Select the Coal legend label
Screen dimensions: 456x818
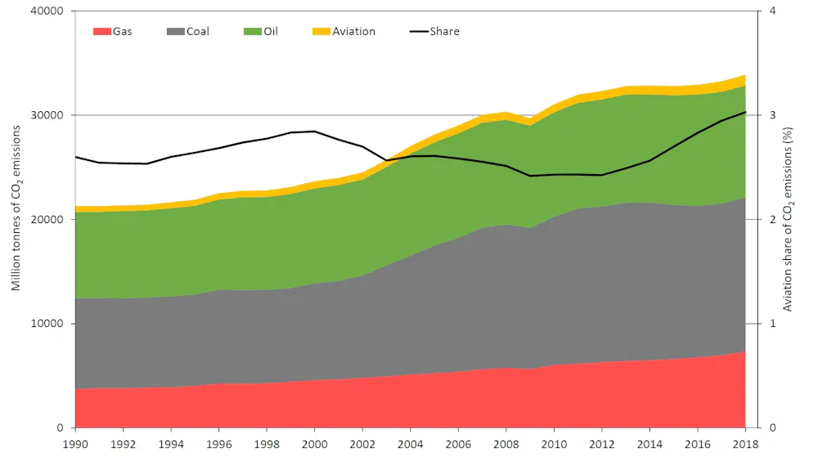(198, 32)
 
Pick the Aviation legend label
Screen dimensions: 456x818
(354, 32)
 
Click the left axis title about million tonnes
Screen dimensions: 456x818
(16, 219)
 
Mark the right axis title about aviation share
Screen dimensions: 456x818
(788, 219)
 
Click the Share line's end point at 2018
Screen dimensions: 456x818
(745, 112)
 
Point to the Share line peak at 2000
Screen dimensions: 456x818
(314, 131)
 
